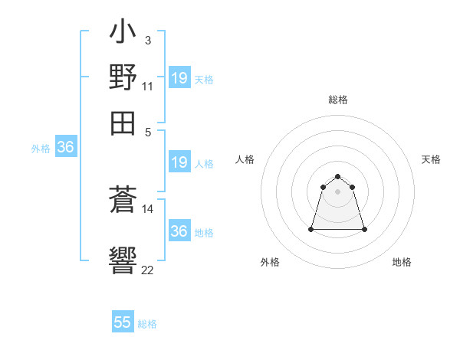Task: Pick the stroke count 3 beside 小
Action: point(147,39)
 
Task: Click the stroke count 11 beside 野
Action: point(147,86)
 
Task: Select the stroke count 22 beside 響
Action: point(148,270)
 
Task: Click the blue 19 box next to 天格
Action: point(179,78)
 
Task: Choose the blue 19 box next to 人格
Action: point(179,162)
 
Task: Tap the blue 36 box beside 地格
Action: point(179,231)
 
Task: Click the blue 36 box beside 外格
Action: point(65,148)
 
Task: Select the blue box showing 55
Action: point(123,322)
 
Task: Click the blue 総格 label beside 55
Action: point(148,324)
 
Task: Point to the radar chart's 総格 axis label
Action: point(338,100)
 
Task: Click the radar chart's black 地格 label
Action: point(402,262)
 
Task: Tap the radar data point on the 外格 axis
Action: point(312,228)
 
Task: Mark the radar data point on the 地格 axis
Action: point(363,229)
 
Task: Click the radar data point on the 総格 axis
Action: point(338,178)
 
